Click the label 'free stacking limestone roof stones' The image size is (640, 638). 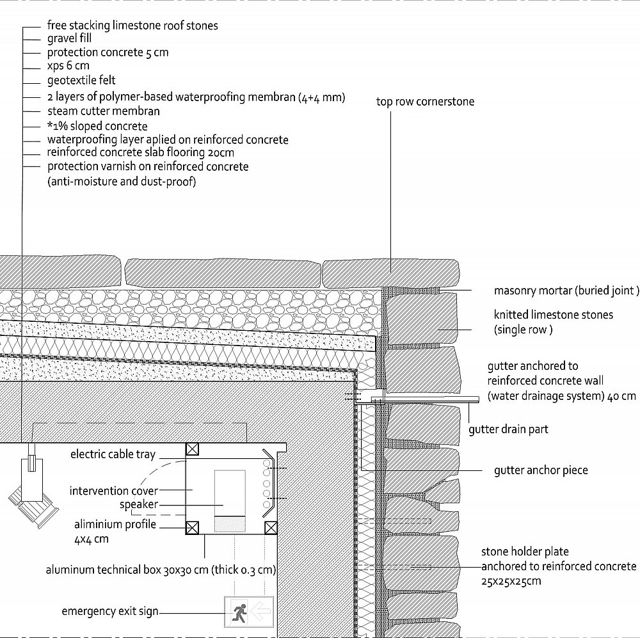click(x=132, y=26)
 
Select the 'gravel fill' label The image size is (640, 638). click(x=69, y=38)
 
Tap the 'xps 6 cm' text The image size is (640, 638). click(x=68, y=66)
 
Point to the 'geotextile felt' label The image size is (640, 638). click(x=81, y=80)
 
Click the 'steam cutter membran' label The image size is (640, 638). click(x=104, y=111)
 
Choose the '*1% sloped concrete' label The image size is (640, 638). click(x=97, y=125)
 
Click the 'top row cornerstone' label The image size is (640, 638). click(x=426, y=102)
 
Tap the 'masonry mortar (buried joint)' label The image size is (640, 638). click(x=566, y=291)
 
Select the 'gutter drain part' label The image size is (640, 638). click(x=508, y=429)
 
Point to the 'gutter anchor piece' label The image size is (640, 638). click(x=541, y=470)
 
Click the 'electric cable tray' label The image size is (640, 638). click(x=113, y=454)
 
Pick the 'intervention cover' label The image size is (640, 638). click(x=114, y=491)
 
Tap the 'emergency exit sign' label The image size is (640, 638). click(x=110, y=611)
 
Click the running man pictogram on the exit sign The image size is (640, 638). click(x=239, y=612)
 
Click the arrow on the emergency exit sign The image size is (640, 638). click(x=261, y=612)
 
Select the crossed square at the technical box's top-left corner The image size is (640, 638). click(x=192, y=449)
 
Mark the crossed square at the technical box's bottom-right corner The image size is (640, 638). click(x=271, y=528)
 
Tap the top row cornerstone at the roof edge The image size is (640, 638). click(x=390, y=273)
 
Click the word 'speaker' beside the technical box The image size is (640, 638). click(x=139, y=504)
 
